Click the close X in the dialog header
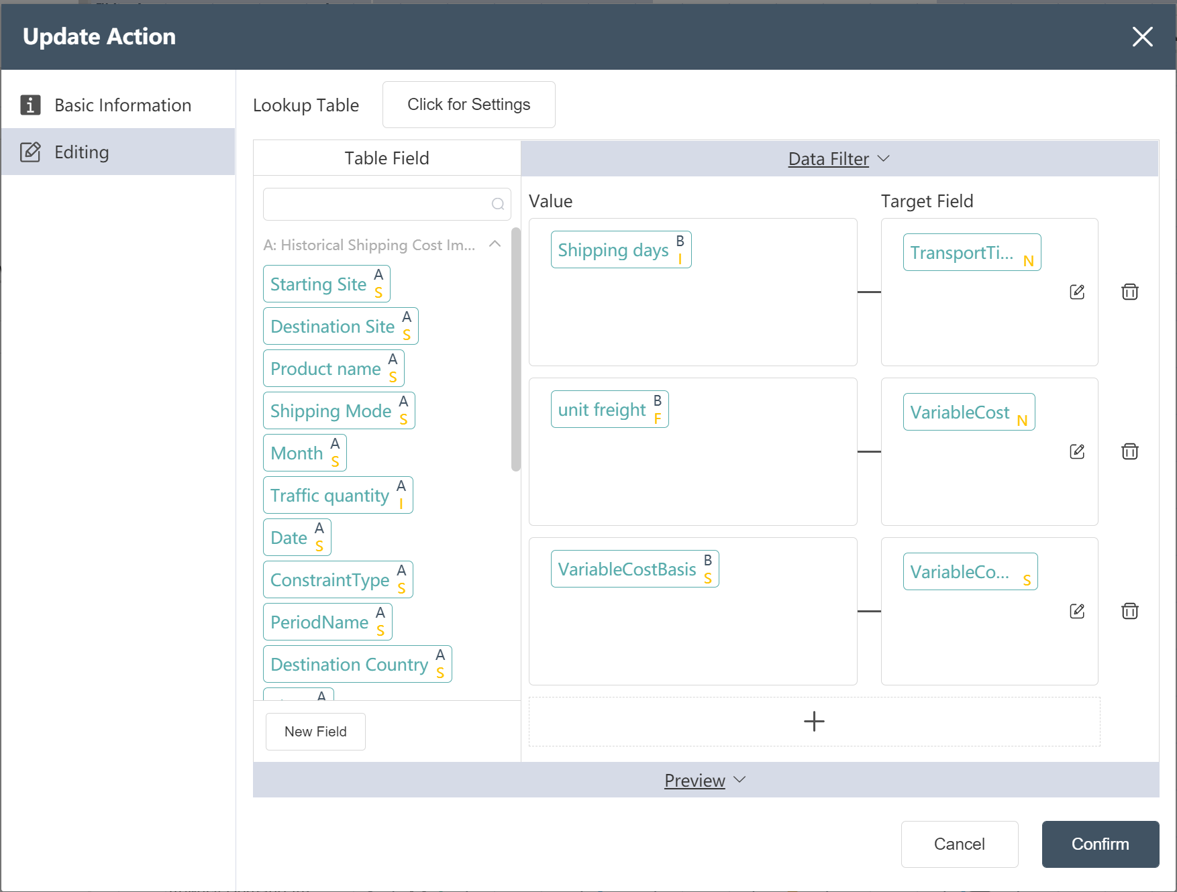[1142, 37]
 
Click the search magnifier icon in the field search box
[498, 204]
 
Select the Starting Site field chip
[327, 284]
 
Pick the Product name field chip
[334, 368]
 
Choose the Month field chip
[305, 453]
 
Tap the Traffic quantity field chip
[338, 495]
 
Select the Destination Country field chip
[358, 664]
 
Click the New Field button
[315, 732]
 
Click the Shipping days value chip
[621, 249]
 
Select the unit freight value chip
[610, 409]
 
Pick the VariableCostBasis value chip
[635, 569]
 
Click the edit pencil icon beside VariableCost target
[1077, 451]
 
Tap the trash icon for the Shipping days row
[1130, 292]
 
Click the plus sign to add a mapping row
[814, 722]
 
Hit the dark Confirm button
[1101, 844]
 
